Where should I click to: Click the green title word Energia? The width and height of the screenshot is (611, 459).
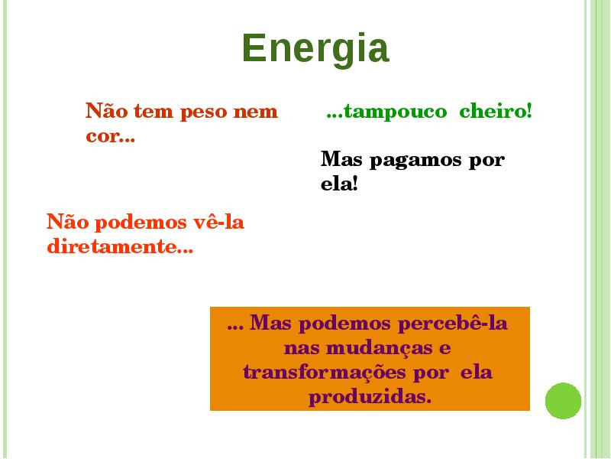[x=315, y=49]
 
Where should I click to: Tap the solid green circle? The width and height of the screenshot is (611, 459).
[x=563, y=401]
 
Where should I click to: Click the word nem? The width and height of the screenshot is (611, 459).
[x=255, y=112]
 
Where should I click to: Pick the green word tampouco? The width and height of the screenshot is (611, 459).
[x=395, y=112]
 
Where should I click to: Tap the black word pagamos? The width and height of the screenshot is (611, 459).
[x=415, y=161]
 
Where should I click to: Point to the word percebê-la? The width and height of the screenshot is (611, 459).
[x=452, y=324]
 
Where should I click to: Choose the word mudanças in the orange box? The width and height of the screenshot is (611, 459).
[x=379, y=349]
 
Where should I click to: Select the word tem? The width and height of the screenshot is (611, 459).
[x=154, y=112]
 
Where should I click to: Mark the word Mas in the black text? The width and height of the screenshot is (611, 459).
[x=341, y=159]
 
